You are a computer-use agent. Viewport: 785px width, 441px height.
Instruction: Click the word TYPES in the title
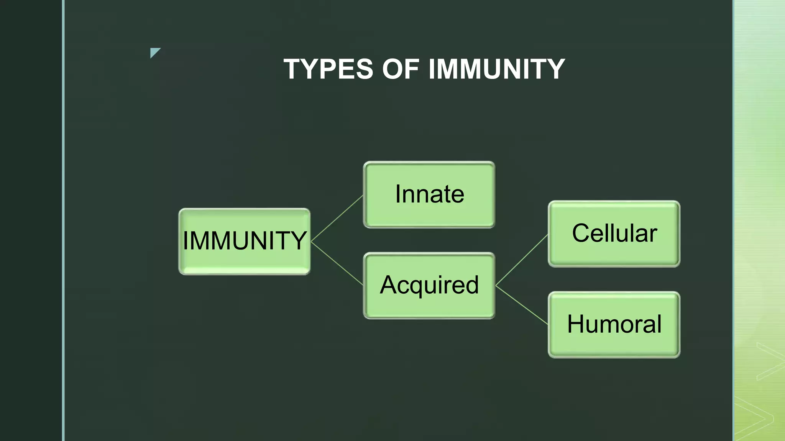point(328,69)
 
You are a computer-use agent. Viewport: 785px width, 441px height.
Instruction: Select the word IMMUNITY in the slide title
point(496,69)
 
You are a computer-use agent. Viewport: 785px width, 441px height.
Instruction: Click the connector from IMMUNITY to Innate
point(337,219)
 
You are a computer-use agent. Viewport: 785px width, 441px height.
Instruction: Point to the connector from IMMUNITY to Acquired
point(337,263)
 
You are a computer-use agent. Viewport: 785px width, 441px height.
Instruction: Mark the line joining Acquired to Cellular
point(522,260)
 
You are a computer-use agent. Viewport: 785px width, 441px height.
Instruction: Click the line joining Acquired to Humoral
point(522,305)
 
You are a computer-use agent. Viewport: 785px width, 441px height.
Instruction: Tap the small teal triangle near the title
point(154,52)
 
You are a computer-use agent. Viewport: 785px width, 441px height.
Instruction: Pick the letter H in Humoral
point(577,324)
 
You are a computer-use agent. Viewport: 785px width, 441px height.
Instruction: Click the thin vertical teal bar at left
point(63,220)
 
